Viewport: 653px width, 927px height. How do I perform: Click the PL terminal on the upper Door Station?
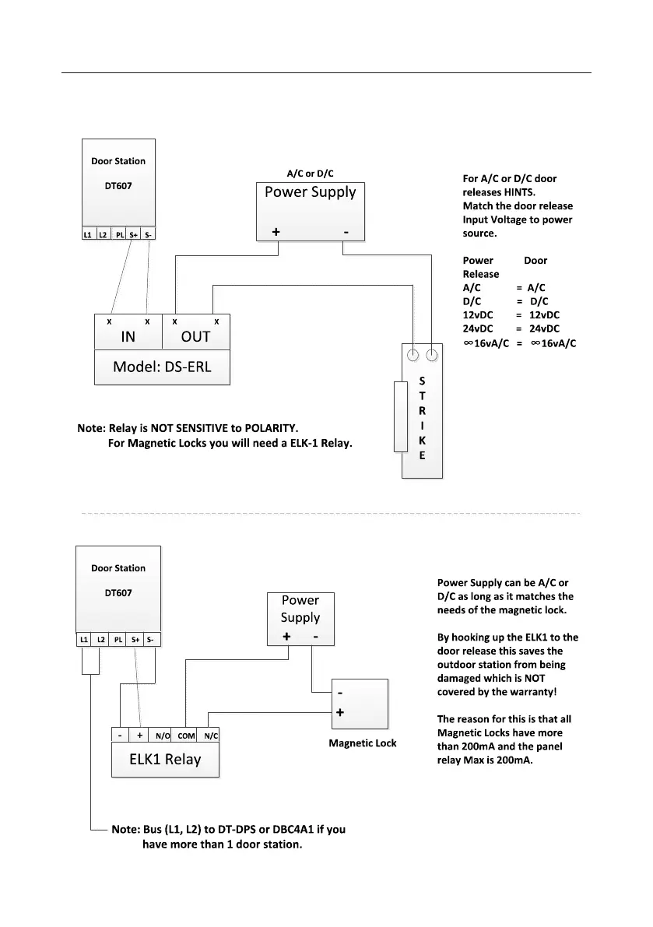point(119,234)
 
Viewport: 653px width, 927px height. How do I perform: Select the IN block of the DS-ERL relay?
point(128,337)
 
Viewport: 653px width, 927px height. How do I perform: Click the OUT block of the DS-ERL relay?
point(195,337)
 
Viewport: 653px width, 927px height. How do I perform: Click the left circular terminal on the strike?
point(413,356)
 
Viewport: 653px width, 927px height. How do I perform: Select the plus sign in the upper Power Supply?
point(276,232)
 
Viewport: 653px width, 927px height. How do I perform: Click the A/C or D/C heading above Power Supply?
point(311,174)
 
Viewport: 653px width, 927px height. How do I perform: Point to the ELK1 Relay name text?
point(165,760)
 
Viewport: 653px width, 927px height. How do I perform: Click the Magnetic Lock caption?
point(363,743)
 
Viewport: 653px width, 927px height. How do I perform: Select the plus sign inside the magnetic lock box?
point(340,712)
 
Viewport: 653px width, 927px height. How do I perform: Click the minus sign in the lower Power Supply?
point(315,637)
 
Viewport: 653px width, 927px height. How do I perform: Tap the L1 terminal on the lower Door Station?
point(83,640)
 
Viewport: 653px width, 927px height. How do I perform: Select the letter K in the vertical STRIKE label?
point(422,441)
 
